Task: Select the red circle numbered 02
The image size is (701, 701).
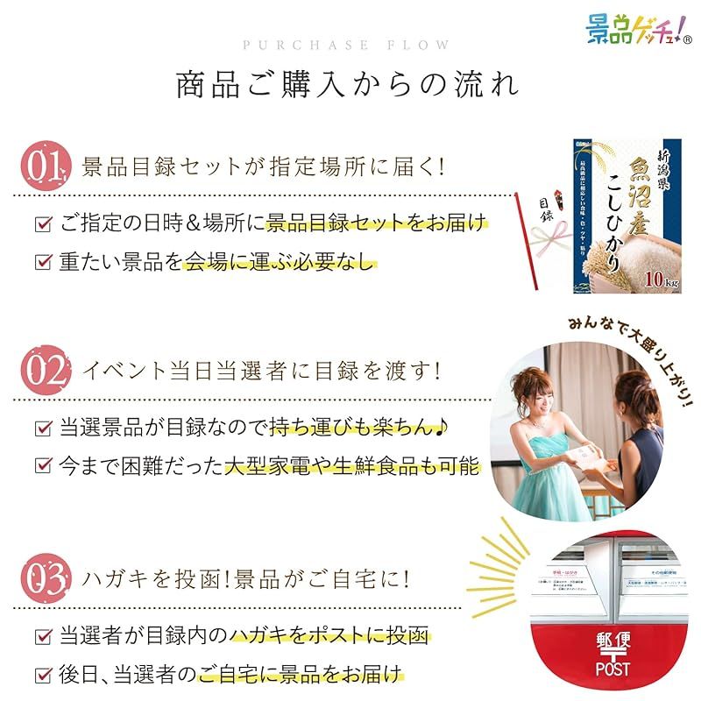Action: click(x=43, y=372)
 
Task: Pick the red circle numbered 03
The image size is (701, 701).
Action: click(x=43, y=579)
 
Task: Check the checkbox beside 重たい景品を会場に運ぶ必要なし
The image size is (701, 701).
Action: click(x=43, y=261)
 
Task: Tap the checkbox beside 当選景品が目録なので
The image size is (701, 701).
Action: click(x=43, y=428)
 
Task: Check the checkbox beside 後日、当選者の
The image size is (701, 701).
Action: click(x=43, y=675)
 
